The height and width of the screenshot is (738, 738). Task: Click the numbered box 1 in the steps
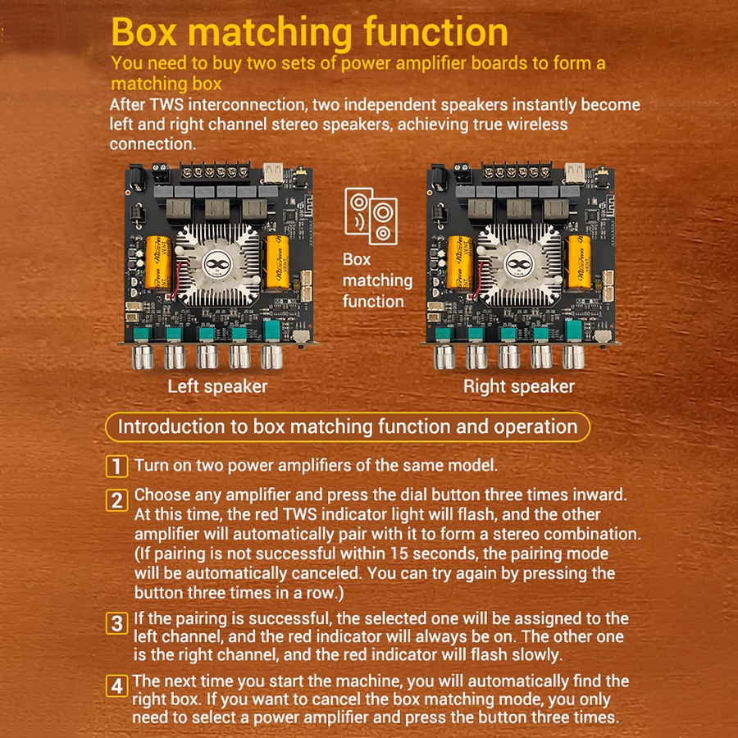click(x=116, y=466)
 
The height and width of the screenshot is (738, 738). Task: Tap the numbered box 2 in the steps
click(x=116, y=500)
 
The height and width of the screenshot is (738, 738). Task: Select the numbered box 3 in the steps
click(x=116, y=623)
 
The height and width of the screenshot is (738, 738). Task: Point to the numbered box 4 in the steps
click(x=116, y=686)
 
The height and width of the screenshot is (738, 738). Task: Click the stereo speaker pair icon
click(x=371, y=216)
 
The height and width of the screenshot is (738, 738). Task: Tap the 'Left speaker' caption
click(x=217, y=386)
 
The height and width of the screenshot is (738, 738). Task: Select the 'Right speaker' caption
click(x=519, y=386)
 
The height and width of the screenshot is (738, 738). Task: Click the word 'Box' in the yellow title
click(x=144, y=31)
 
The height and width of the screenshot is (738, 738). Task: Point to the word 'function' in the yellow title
click(x=436, y=31)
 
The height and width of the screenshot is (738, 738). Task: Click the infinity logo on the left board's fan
click(x=218, y=265)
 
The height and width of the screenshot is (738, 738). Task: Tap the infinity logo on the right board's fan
click(x=519, y=265)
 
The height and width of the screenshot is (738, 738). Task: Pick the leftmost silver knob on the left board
click(x=143, y=358)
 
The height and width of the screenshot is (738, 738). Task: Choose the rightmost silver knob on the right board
click(x=573, y=358)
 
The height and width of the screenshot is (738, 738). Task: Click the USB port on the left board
click(x=273, y=173)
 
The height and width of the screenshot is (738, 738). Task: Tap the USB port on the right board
click(x=574, y=173)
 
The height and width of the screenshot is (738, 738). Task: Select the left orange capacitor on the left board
click(x=157, y=262)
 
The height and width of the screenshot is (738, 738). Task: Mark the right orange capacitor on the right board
click(x=580, y=262)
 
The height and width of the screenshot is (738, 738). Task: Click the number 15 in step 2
click(x=399, y=554)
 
